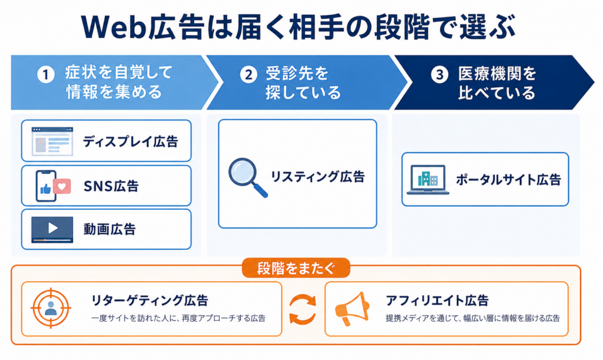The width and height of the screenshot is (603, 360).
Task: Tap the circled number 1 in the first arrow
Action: (45, 74)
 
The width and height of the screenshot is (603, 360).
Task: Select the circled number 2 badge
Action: (249, 74)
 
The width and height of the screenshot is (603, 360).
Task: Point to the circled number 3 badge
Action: (439, 74)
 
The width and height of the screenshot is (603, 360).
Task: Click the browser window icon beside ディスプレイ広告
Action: (52, 141)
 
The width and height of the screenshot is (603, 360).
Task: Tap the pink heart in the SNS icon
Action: (62, 187)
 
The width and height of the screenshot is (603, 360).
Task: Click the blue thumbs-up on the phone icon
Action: (46, 189)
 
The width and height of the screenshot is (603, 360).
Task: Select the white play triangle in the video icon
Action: (52, 228)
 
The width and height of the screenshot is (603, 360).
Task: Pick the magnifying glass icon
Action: (248, 177)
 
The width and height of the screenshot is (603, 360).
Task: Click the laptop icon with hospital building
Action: (428, 180)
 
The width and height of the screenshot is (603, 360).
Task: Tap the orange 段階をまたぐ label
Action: (296, 268)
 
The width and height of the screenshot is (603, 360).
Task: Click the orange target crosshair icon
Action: (51, 308)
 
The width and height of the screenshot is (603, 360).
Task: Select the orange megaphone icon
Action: (352, 309)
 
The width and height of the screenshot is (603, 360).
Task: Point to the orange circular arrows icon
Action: (303, 309)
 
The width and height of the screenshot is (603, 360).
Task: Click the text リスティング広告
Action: (318, 177)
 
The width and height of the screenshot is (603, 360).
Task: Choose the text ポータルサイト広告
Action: (508, 180)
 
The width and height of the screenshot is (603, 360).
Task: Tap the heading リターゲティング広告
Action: (150, 300)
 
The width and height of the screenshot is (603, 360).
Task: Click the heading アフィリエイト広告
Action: (438, 300)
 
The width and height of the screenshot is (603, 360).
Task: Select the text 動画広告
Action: (110, 229)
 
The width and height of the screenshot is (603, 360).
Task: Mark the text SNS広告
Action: (111, 187)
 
